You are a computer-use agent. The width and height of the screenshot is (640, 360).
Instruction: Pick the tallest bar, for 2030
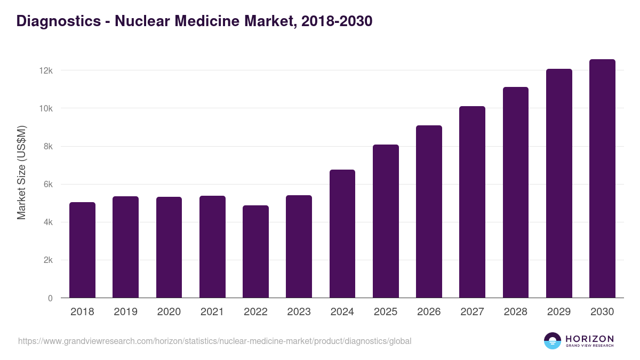(602, 178)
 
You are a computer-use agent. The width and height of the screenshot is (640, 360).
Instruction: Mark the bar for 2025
(386, 221)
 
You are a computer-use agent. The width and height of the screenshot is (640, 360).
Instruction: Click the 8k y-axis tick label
(48, 147)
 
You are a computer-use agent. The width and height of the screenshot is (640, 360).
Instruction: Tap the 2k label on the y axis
(48, 260)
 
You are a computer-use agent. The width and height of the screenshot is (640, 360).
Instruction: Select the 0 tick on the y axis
(51, 298)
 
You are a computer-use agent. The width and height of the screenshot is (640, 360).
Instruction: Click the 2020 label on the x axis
(169, 312)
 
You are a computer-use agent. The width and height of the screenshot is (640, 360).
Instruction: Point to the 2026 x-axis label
(429, 312)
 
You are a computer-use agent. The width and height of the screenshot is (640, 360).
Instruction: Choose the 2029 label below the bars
(559, 312)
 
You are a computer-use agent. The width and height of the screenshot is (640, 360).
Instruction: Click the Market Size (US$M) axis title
(22, 172)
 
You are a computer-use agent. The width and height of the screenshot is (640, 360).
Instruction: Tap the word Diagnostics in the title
(58, 21)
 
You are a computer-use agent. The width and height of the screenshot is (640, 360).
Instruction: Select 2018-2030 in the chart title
(337, 21)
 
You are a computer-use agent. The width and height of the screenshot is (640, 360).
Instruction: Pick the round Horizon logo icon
(553, 341)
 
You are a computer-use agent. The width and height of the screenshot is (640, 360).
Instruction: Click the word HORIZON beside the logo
(590, 338)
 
